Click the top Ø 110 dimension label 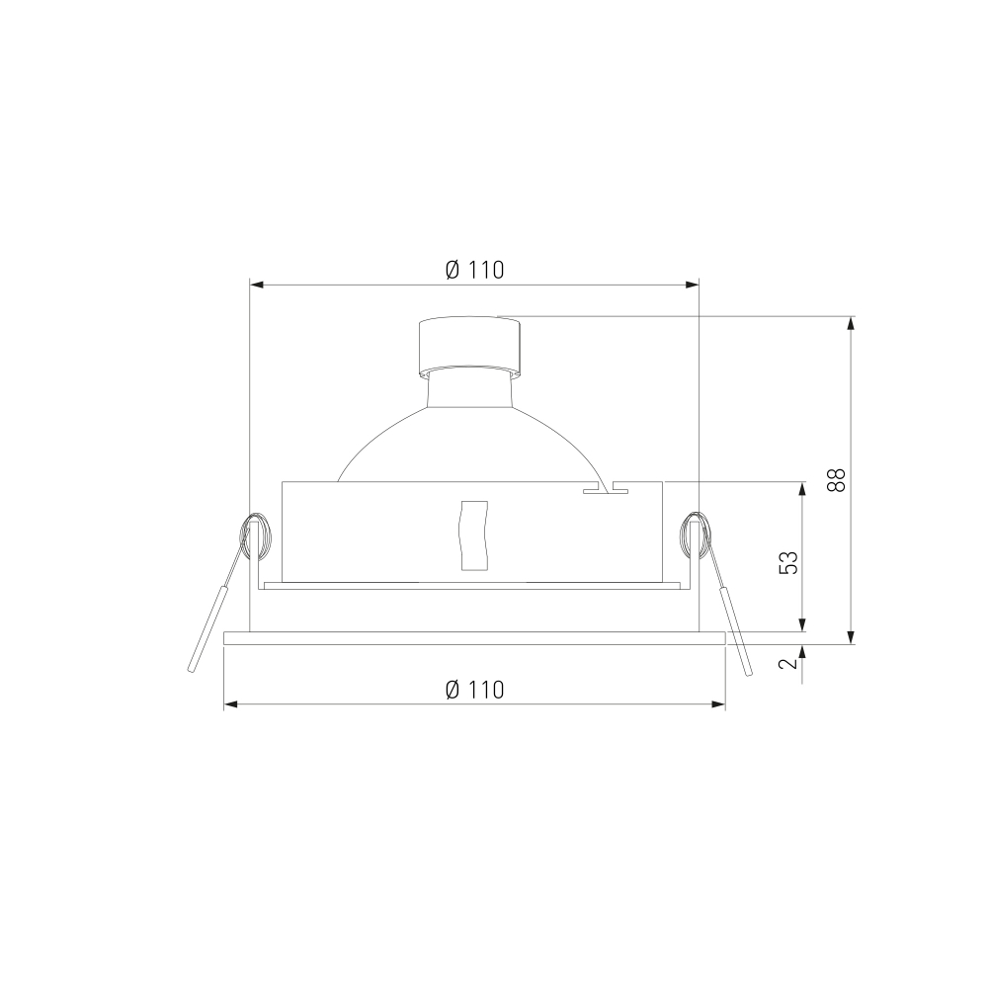coord(474,270)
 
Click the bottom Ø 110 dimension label coord(474,690)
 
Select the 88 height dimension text coord(837,480)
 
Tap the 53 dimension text coord(788,563)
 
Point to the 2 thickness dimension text coord(788,664)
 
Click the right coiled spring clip coord(695,535)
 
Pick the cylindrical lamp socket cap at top coord(470,346)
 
